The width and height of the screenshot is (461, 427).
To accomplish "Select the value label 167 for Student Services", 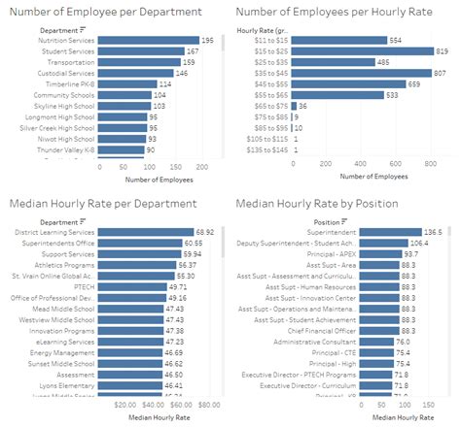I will point(193,50).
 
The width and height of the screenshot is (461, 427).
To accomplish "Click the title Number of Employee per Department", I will point(105,12).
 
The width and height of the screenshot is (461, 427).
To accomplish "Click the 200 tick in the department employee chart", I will point(200,166).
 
